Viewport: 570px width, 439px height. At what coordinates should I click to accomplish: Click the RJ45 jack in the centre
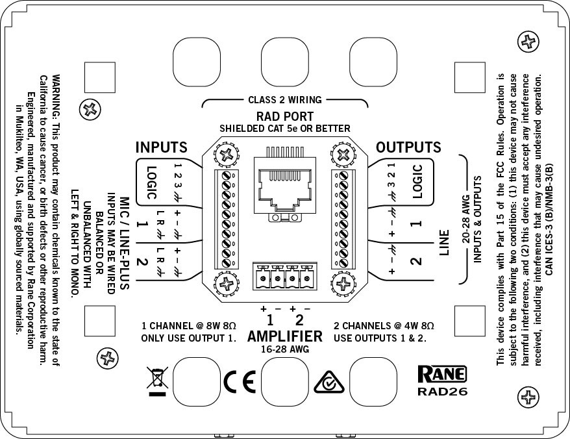pos(284,184)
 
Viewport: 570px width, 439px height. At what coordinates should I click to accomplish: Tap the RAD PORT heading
pos(285,117)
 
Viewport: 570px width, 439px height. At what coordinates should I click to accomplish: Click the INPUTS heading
pos(161,147)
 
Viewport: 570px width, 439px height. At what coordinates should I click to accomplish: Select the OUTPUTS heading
pos(409,147)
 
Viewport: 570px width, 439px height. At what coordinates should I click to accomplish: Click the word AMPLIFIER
pos(285,336)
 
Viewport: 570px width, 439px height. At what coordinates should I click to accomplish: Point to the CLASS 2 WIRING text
pos(285,100)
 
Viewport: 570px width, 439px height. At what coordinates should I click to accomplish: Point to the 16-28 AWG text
pos(285,349)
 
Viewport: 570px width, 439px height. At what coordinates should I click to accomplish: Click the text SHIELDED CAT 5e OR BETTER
pos(285,129)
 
